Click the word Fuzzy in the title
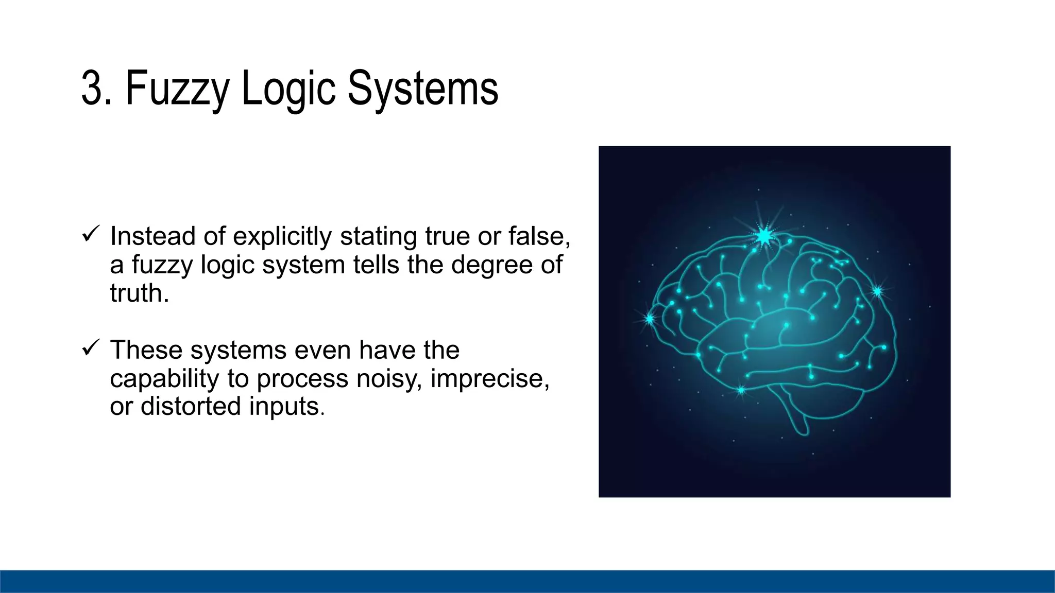(177, 89)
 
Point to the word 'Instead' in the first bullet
(153, 236)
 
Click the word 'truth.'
(140, 293)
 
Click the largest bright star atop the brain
(764, 236)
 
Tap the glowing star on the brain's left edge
(650, 319)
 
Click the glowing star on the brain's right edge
(877, 291)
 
